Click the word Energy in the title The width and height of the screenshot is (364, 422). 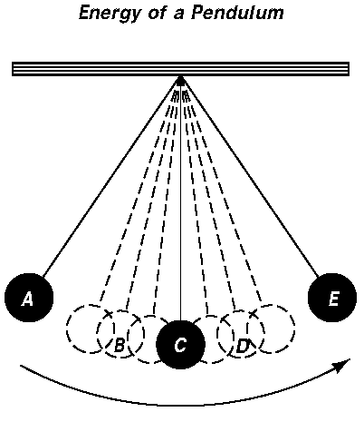(x=110, y=14)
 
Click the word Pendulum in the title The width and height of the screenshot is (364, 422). (x=237, y=13)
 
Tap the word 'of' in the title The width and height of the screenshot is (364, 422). (x=158, y=13)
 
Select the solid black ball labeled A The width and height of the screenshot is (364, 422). (x=29, y=298)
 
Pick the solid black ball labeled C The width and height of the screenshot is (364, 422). (x=180, y=344)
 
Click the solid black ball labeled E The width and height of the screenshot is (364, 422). (x=332, y=298)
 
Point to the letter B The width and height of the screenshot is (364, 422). (x=120, y=345)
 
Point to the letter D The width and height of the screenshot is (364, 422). (x=243, y=346)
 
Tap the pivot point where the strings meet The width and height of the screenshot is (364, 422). (x=180, y=79)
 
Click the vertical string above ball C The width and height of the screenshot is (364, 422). (x=180, y=201)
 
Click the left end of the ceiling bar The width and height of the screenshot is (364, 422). (x=13, y=69)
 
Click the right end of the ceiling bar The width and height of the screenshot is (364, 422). (x=349, y=69)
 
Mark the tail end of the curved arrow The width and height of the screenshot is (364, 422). (x=21, y=366)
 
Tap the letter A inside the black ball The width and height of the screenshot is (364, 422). (x=28, y=299)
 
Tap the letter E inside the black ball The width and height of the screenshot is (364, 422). (x=333, y=299)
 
